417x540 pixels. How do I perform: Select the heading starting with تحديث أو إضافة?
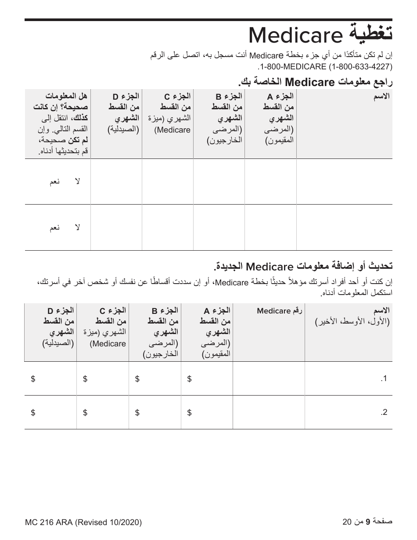point(303,266)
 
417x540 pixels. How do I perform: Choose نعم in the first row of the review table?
point(54,182)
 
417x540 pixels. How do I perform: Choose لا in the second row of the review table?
point(77,227)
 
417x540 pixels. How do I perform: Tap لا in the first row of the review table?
point(77,182)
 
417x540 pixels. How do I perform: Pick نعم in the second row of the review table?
point(54,227)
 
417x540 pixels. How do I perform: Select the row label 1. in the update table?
point(384,379)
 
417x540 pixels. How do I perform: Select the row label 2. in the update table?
point(384,412)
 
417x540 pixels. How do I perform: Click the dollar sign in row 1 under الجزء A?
point(189,379)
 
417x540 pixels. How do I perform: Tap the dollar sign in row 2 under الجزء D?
point(33,412)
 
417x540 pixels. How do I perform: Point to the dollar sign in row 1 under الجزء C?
point(85,379)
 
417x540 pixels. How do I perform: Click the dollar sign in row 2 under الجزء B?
point(137,412)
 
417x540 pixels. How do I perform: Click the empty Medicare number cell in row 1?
point(269,378)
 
